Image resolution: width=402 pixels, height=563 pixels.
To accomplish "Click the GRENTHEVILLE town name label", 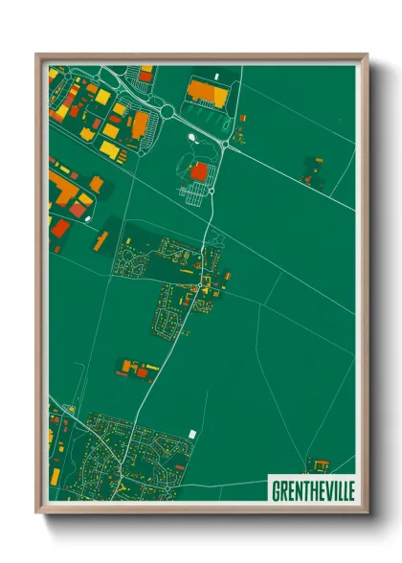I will pyautogui.click(x=312, y=489).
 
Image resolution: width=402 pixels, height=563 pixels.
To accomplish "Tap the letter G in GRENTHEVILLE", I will pyautogui.click(x=275, y=489).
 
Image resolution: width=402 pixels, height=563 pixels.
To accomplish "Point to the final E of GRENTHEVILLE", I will pyautogui.click(x=349, y=489).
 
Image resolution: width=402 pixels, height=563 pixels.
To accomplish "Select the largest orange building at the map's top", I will pyautogui.click(x=202, y=91).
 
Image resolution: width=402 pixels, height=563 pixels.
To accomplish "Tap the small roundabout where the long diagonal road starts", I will pyautogui.click(x=227, y=143).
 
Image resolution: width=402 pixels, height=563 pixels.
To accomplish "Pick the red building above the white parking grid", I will pyautogui.click(x=199, y=171).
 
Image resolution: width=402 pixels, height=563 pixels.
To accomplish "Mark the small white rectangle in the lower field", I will pyautogui.click(x=191, y=434).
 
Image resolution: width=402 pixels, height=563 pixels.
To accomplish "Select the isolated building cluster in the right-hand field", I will pyautogui.click(x=313, y=171).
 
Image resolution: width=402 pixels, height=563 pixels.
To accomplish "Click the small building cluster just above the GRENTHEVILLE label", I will pyautogui.click(x=316, y=465).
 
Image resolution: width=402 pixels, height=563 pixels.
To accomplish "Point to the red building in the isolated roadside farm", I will pyautogui.click(x=142, y=372).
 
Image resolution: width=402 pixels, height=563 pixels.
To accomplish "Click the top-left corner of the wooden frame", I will pyautogui.click(x=36, y=55).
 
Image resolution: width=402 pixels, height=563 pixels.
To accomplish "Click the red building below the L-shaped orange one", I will pyautogui.click(x=59, y=227).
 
